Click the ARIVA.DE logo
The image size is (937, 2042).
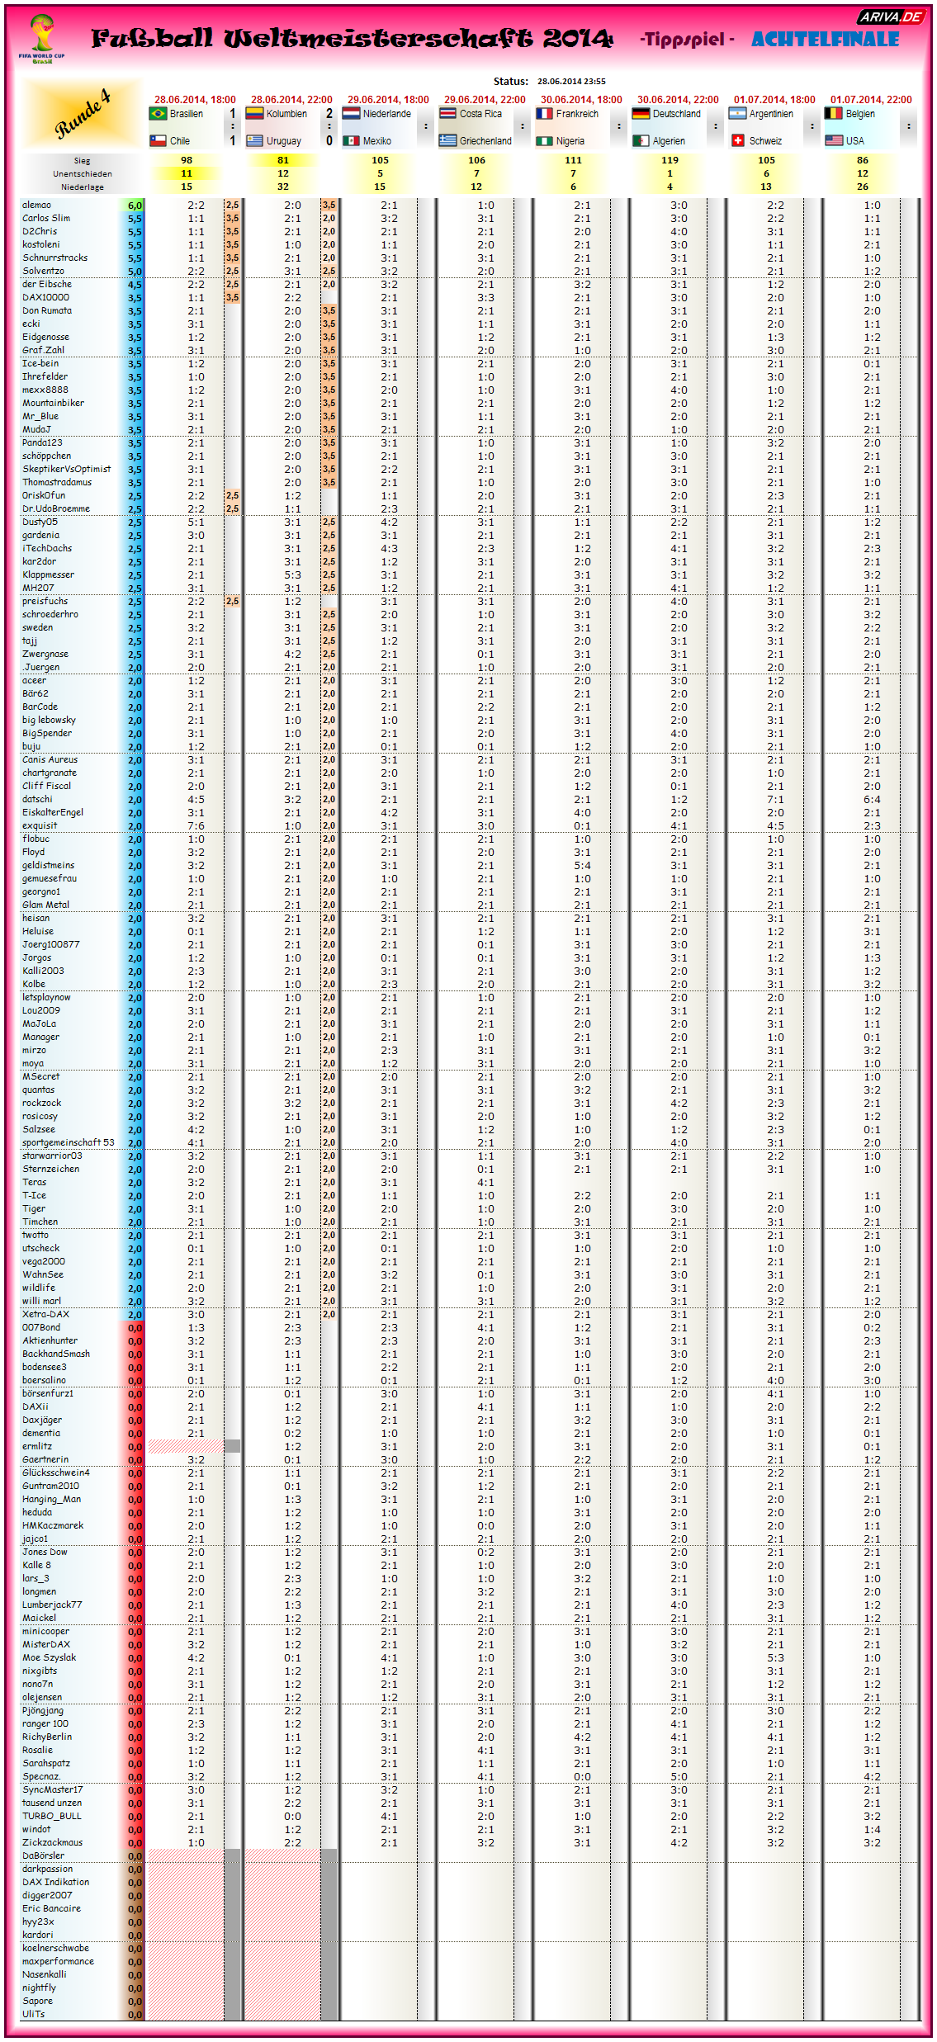(x=891, y=17)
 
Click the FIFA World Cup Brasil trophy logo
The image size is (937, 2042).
(x=41, y=38)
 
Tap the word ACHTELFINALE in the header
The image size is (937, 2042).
(x=825, y=39)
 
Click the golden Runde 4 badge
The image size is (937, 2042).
(x=83, y=115)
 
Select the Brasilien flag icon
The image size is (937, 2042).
(x=158, y=114)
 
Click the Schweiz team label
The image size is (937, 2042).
(x=765, y=141)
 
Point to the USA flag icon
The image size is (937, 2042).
(x=834, y=141)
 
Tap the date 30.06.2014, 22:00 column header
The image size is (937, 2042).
(x=678, y=100)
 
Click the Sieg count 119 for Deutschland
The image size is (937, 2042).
(x=670, y=160)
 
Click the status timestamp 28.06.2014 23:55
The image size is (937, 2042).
(x=571, y=82)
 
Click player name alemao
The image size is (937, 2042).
(x=37, y=205)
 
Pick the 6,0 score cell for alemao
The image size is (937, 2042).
(x=135, y=205)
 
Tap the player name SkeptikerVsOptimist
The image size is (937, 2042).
(x=66, y=469)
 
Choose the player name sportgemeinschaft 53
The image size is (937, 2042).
(x=69, y=1142)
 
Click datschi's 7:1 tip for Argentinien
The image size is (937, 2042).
(x=775, y=799)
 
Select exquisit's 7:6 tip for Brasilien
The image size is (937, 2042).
(x=196, y=825)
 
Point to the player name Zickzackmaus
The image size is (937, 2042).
(x=52, y=1842)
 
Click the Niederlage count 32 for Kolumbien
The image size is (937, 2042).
(x=283, y=187)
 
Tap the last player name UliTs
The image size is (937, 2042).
(x=34, y=2014)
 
